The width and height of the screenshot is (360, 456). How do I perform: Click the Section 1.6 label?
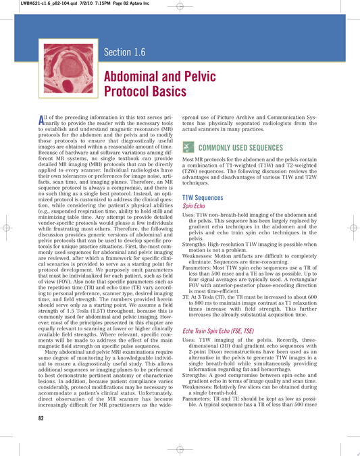[124, 53]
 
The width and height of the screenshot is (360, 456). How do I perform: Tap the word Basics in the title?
[167, 89]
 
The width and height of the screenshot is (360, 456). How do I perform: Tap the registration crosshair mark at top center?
[178, 6]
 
